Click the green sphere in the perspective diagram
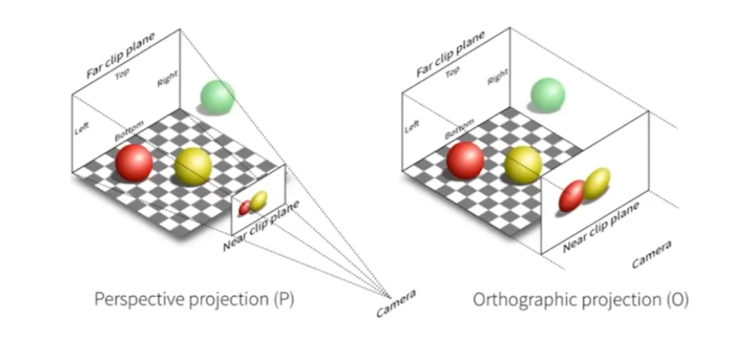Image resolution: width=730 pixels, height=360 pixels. pos(217,97)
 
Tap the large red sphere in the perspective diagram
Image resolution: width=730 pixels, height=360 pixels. pos(134,163)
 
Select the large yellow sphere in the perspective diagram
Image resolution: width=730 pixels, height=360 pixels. pos(193,166)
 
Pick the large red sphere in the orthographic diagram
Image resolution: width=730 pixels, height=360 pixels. pos(465,160)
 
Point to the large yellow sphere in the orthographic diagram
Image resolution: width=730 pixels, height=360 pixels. pos(524,164)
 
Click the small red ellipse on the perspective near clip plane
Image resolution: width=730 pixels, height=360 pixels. pos(245,208)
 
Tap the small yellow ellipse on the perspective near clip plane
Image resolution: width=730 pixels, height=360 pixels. pos(259,200)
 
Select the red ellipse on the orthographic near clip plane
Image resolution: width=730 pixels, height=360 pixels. pos(571,196)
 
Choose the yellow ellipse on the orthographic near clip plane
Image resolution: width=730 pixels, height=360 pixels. pos(596,184)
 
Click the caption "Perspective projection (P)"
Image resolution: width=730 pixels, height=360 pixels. pos(194,299)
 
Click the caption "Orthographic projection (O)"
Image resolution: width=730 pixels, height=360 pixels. pos(581,301)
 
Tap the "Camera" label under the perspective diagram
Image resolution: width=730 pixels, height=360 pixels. pos(396,303)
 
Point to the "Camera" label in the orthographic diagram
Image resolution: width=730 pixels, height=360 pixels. pos(651,254)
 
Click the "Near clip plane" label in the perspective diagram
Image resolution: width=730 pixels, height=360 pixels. pos(260,226)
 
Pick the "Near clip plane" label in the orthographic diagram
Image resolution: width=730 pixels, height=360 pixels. pos(601,227)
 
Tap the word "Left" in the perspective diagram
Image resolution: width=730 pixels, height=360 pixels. pos(82,128)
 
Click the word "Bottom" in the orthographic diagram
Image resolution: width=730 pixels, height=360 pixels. pos(459,129)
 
